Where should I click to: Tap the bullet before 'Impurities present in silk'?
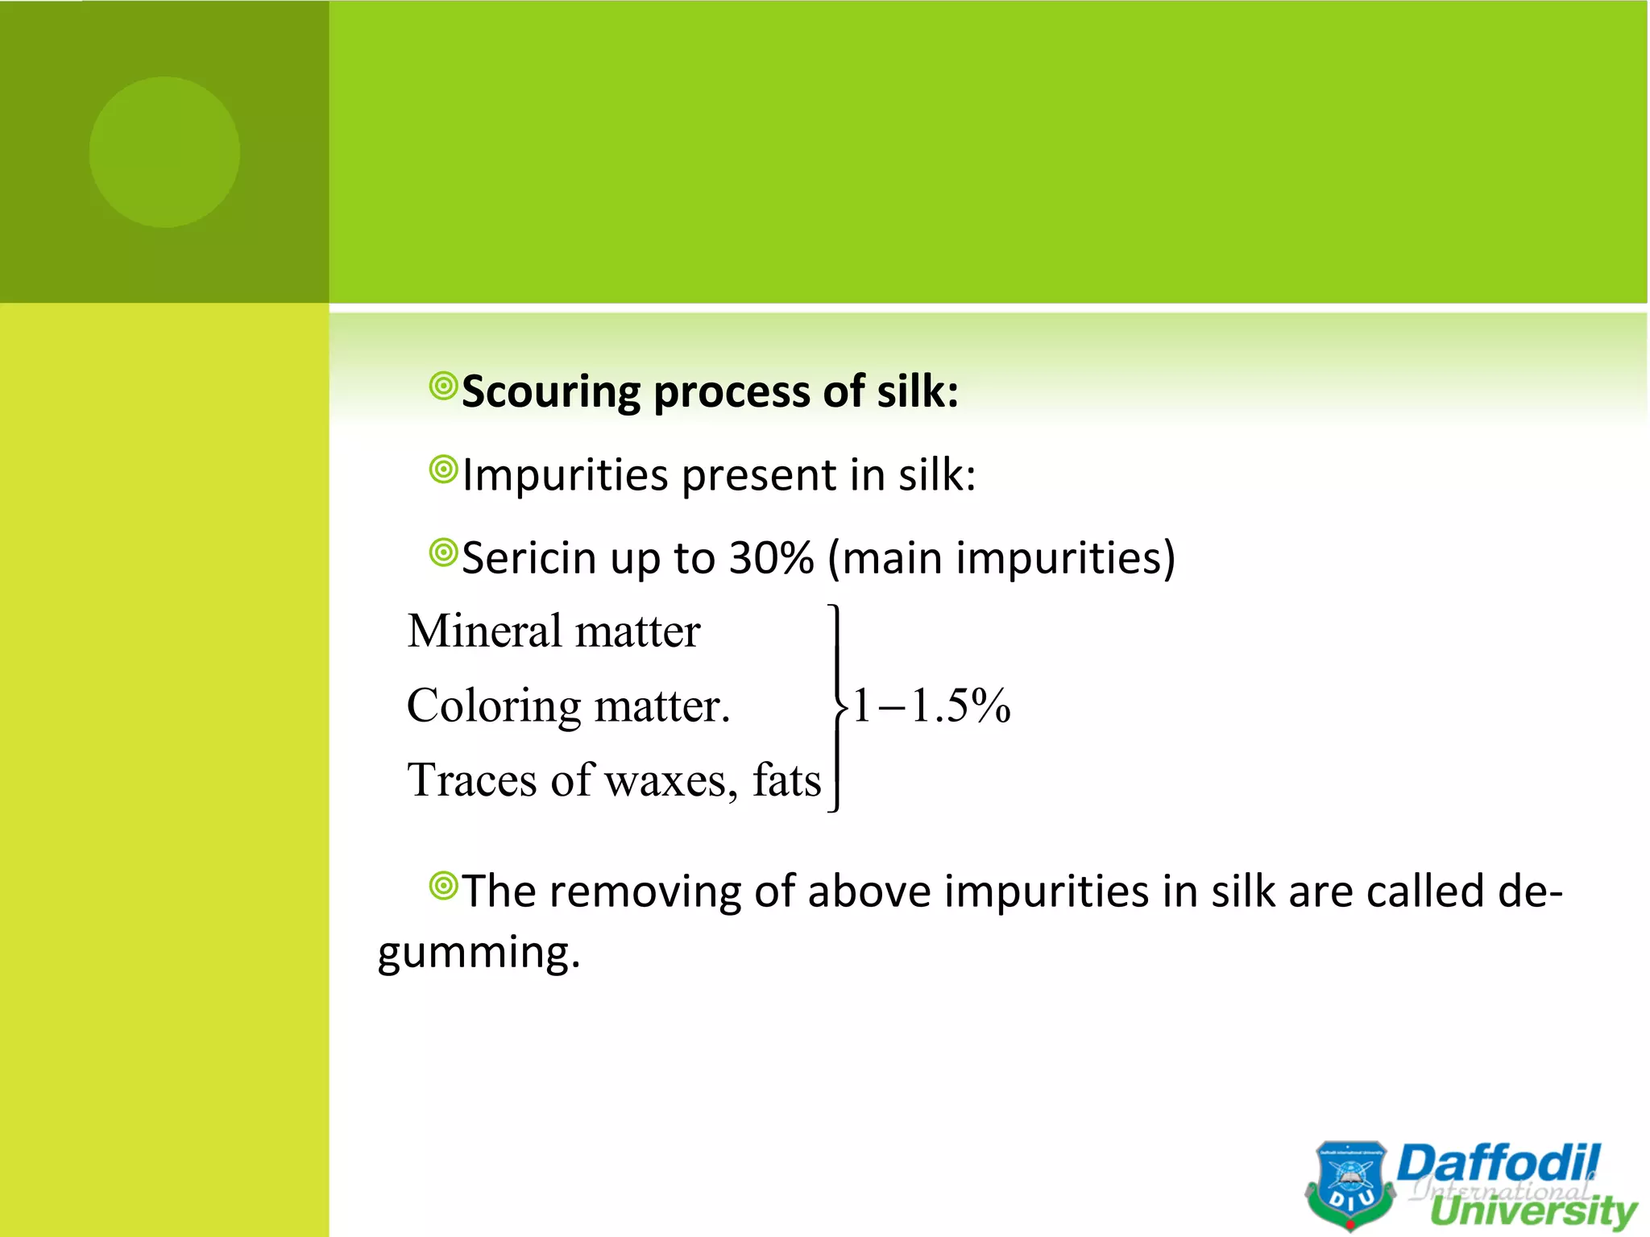click(443, 470)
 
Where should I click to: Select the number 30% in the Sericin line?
click(771, 557)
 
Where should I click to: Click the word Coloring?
click(493, 706)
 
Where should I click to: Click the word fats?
click(786, 780)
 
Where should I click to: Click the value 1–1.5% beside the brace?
click(931, 706)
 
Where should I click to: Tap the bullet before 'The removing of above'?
click(443, 886)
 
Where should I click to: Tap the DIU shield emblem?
click(1350, 1184)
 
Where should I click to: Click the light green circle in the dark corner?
click(164, 152)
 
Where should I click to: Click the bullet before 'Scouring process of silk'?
click(443, 387)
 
